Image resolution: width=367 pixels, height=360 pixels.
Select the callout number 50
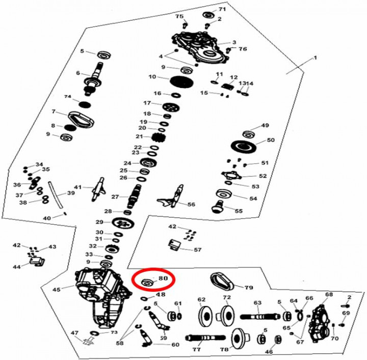271,140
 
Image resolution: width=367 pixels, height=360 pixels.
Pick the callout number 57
198,250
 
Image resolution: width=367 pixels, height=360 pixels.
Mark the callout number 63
257,302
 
